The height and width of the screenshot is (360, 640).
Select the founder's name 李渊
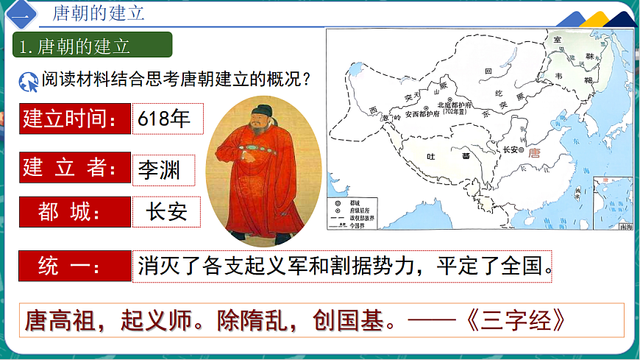163,169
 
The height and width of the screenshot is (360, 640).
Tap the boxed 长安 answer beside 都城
166,212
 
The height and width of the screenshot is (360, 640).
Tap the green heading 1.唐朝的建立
93,46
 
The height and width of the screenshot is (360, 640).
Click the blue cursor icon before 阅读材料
29,82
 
